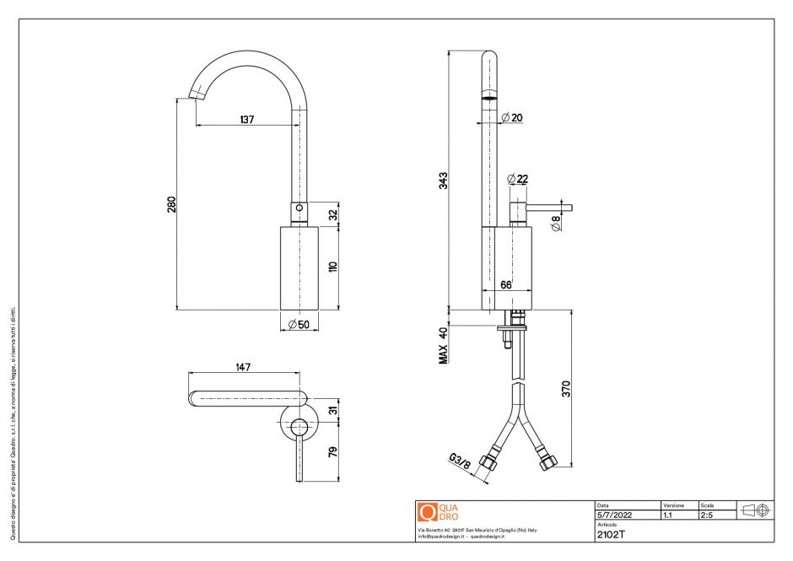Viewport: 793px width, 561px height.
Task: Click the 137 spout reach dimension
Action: click(246, 120)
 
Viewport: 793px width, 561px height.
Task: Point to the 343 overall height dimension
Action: click(444, 180)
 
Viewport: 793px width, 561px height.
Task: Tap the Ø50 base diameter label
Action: click(299, 325)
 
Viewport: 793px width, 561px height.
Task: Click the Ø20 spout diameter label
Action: click(512, 117)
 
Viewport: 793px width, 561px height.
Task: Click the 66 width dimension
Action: click(506, 285)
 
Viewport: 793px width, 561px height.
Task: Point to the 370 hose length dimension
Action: click(567, 389)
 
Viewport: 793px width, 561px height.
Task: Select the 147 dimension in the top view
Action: click(244, 367)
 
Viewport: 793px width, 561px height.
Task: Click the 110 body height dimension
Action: click(332, 267)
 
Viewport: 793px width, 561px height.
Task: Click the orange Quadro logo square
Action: click(427, 512)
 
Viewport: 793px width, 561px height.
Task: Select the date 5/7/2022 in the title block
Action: click(612, 514)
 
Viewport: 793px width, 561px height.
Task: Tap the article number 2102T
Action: click(611, 533)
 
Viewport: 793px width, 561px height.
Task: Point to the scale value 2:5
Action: click(706, 514)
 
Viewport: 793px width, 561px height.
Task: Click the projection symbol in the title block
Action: click(754, 510)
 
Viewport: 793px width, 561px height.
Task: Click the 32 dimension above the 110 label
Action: click(332, 214)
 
